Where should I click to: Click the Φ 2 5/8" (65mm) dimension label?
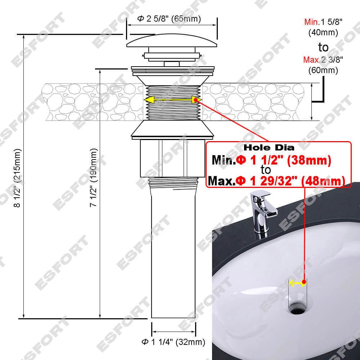click(169, 19)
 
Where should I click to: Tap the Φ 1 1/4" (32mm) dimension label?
click(174, 342)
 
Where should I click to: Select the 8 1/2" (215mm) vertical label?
click(17, 178)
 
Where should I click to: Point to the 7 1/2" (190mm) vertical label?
click(94, 177)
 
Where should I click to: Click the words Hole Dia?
click(269, 147)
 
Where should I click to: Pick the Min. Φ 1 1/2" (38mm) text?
click(271, 160)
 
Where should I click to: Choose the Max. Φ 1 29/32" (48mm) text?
click(276, 181)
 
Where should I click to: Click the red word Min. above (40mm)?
click(312, 22)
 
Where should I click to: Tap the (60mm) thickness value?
click(323, 70)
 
